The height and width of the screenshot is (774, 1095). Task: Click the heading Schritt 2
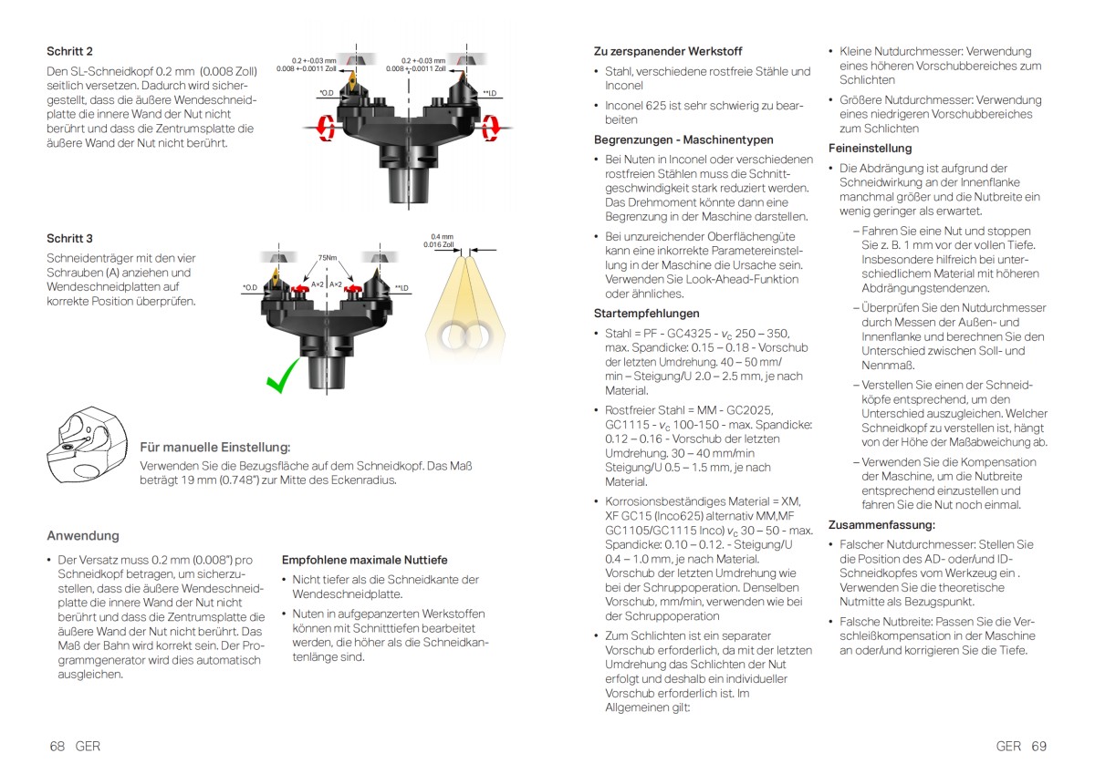pos(69,51)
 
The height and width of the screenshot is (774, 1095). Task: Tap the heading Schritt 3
pos(69,238)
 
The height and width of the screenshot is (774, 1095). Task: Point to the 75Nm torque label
pos(328,257)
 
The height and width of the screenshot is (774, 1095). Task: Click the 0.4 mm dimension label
pos(442,235)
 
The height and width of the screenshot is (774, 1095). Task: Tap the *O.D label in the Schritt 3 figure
pos(249,288)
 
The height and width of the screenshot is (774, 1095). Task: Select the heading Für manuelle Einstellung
pos(214,448)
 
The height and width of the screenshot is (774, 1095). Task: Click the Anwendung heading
pos(82,535)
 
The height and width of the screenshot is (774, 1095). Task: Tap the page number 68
pos(57,746)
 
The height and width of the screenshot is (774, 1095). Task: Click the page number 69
pos(1038,746)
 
